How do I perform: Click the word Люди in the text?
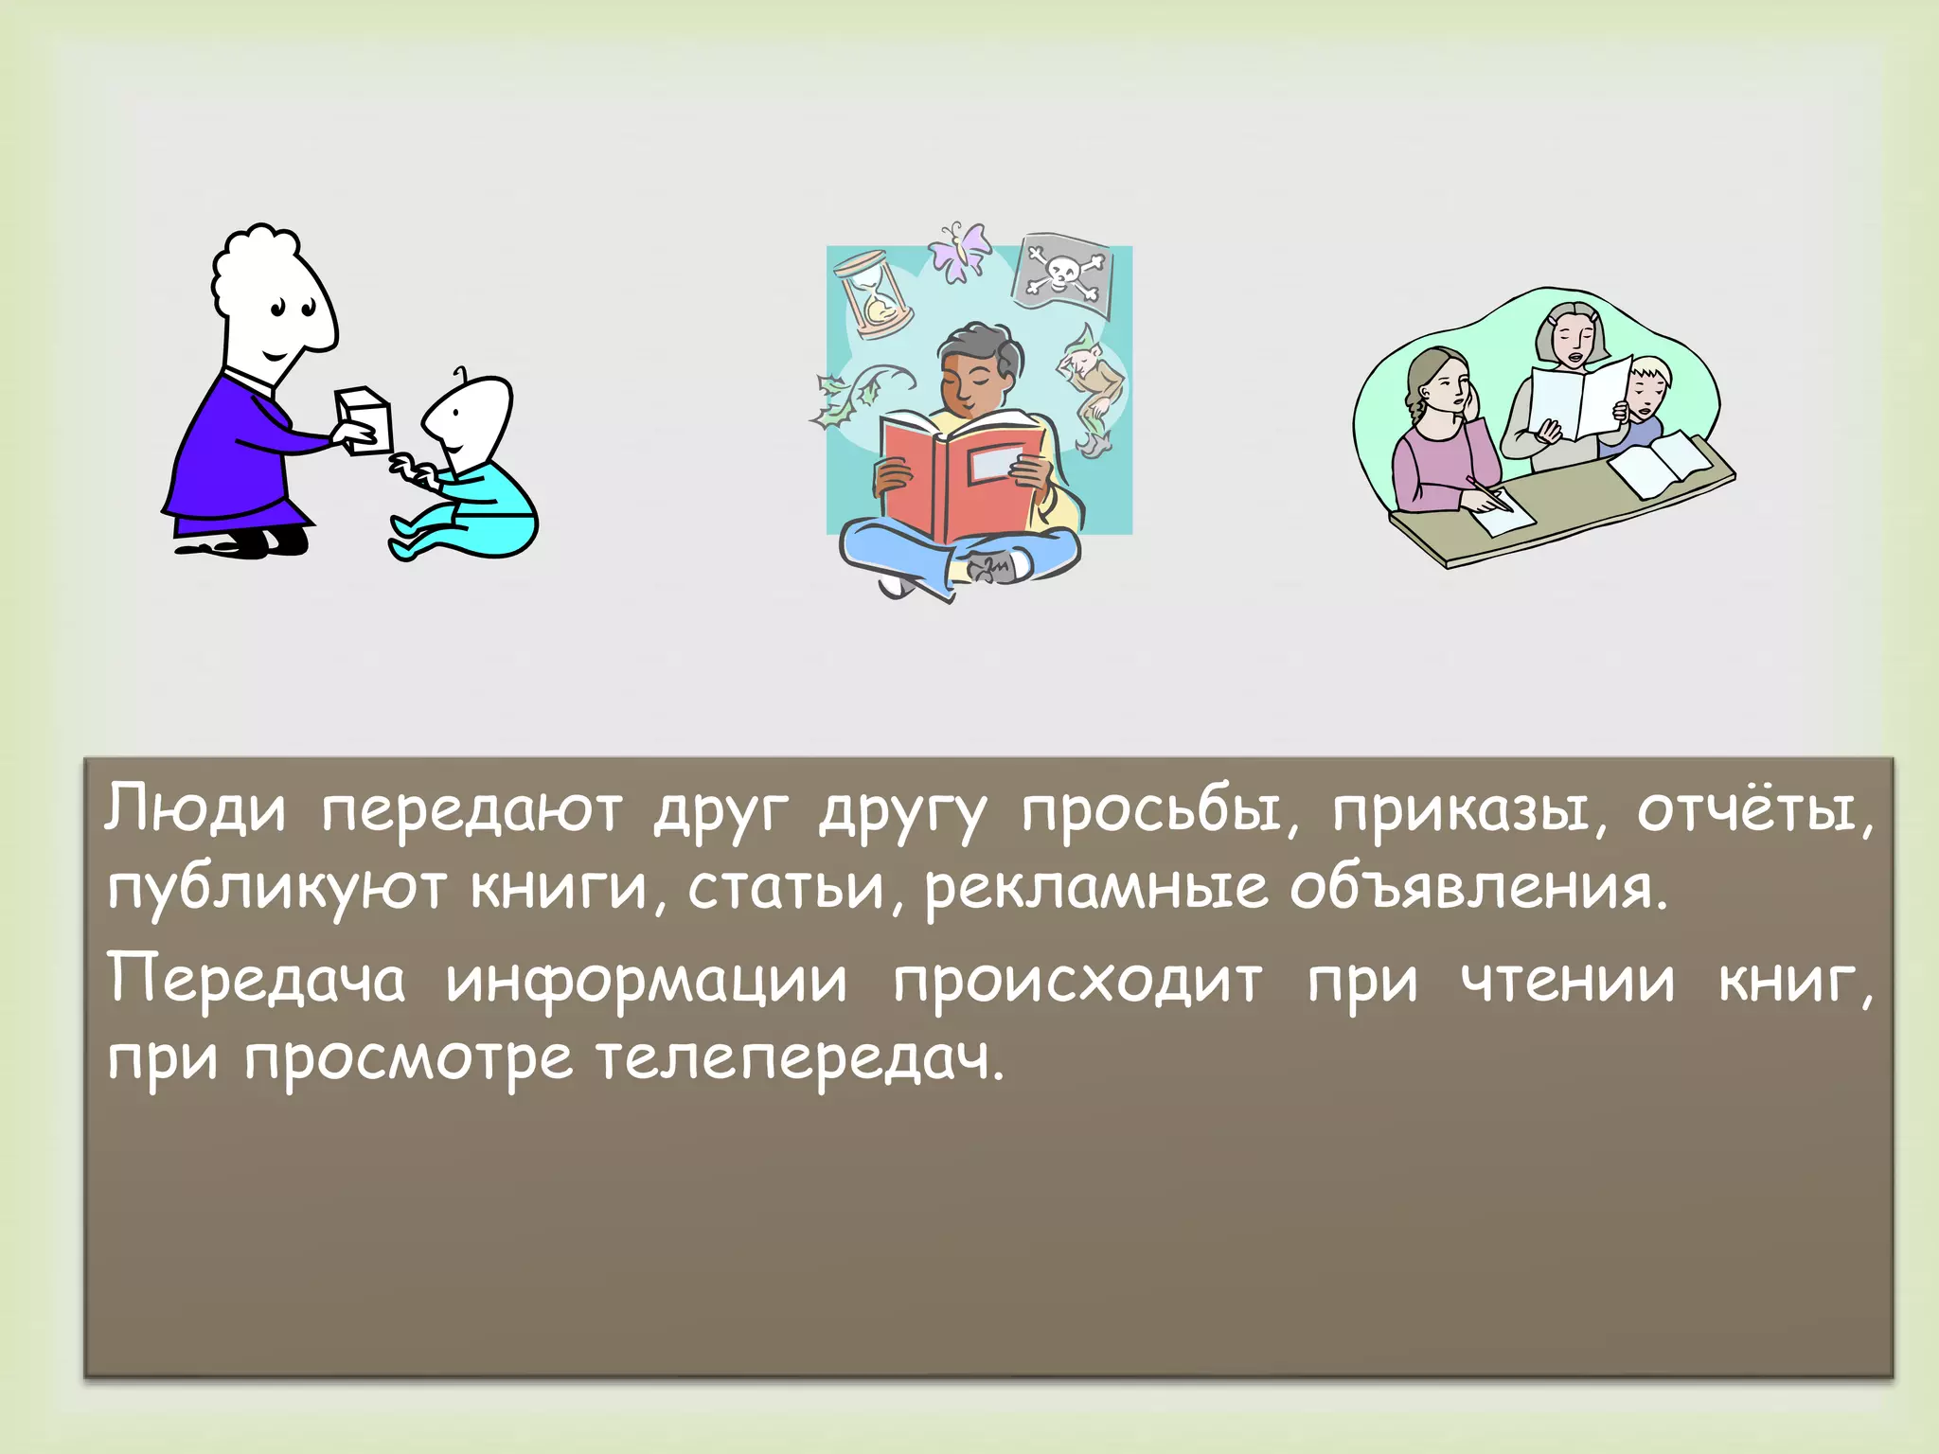tap(194, 810)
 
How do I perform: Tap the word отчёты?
tap(1754, 810)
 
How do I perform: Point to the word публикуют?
tap(276, 890)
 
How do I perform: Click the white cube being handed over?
tap(365, 419)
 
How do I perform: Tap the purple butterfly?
tap(958, 251)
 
